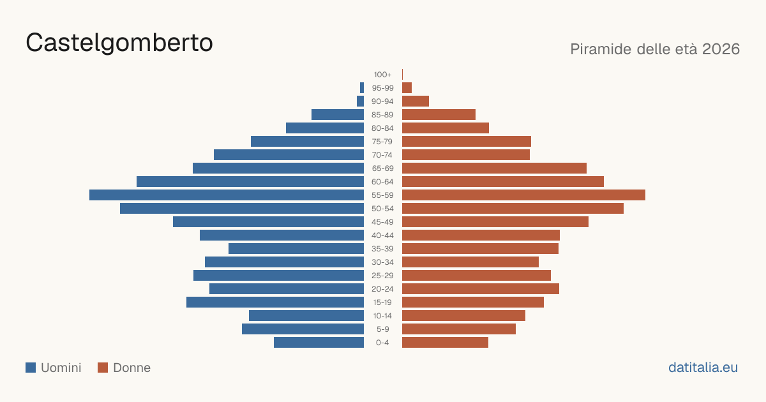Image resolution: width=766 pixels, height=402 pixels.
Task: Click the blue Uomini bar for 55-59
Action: (227, 195)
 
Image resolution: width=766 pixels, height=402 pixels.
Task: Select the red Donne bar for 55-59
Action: (523, 195)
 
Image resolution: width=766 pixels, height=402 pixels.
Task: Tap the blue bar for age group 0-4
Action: (319, 343)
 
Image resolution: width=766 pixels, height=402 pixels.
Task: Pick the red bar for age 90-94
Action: (416, 101)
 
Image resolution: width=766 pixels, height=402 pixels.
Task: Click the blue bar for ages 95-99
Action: (362, 88)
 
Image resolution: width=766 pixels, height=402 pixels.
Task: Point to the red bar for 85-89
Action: (439, 114)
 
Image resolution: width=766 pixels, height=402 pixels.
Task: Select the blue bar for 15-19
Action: (275, 302)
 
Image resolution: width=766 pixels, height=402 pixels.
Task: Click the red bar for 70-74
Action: (466, 155)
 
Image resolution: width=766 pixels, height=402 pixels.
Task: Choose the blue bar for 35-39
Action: (296, 248)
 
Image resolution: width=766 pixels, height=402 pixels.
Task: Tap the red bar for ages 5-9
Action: (459, 329)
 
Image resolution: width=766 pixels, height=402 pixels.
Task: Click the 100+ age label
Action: (382, 75)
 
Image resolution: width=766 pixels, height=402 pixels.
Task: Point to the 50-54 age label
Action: (382, 209)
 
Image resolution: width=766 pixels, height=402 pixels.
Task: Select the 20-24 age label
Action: (382, 289)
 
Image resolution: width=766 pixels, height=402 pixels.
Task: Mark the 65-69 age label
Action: (382, 168)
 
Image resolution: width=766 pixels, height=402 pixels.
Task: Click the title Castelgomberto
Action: (119, 43)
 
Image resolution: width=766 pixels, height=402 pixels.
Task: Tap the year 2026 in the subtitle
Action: (721, 49)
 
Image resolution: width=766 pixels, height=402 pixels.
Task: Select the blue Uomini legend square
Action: (31, 368)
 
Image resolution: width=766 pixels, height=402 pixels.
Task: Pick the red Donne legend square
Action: (103, 368)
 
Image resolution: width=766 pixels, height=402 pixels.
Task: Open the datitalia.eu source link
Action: (703, 368)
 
